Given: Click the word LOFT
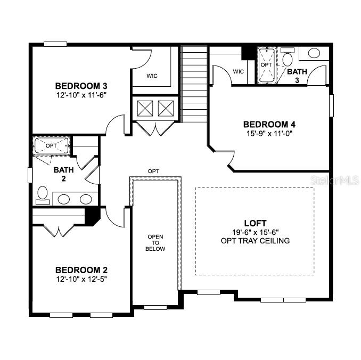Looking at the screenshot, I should tap(255, 223).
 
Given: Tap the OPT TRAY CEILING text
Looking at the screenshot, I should tap(255, 241).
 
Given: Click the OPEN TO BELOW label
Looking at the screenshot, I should tap(156, 243).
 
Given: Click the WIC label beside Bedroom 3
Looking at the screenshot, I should tap(152, 76).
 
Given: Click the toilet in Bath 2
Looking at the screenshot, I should tap(42, 194).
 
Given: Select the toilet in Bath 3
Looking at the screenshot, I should tap(288, 59).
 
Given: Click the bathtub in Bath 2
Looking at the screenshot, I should tap(51, 145).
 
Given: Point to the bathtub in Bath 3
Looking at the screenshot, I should tap(266, 65).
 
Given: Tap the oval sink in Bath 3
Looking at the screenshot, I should tap(314, 53).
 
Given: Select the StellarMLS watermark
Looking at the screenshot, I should tap(335, 181).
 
